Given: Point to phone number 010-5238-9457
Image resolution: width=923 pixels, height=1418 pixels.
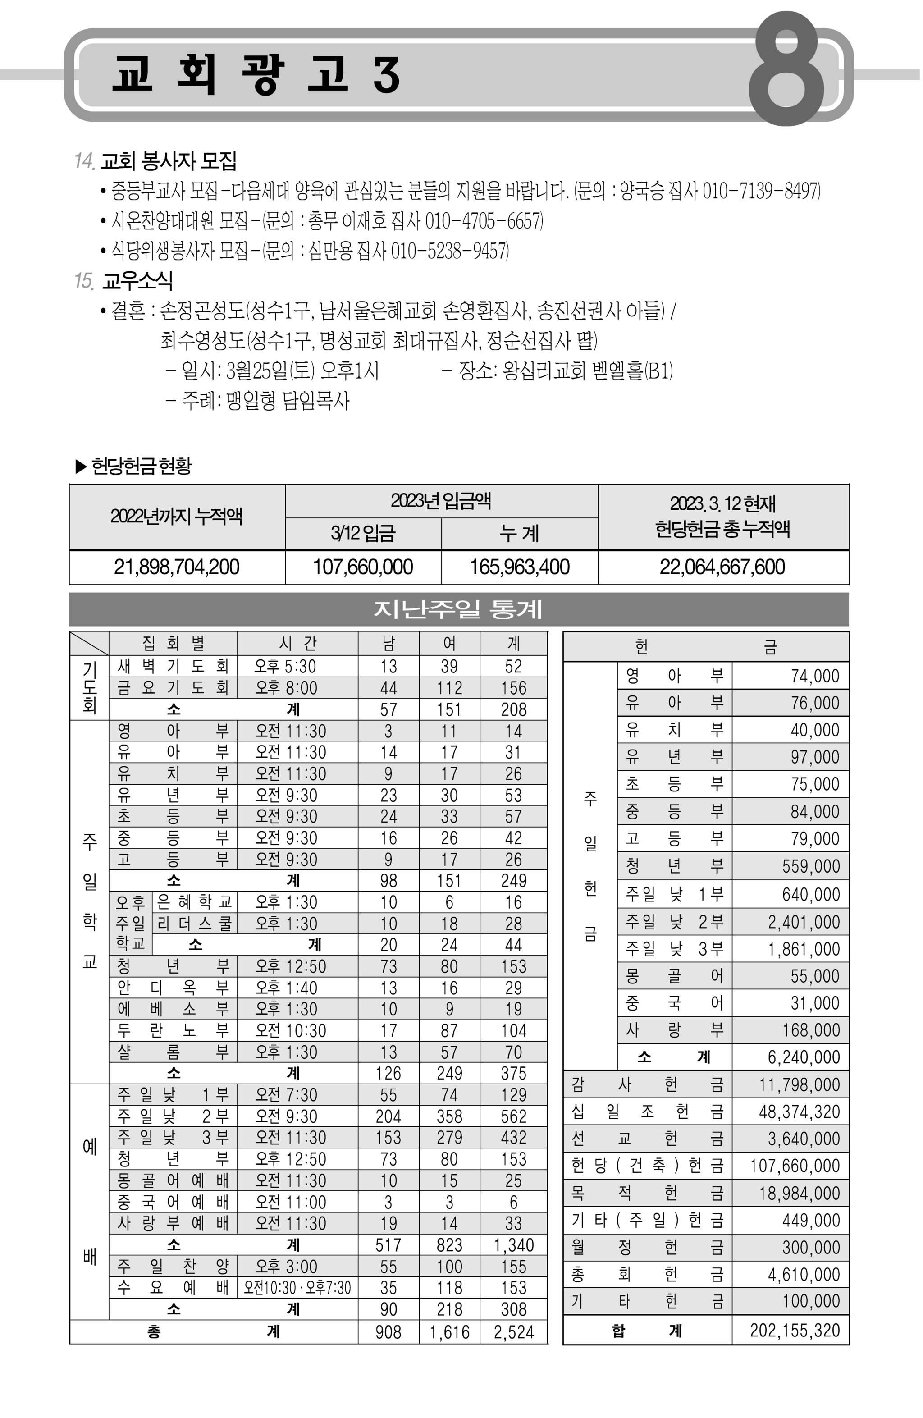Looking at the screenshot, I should [449, 251].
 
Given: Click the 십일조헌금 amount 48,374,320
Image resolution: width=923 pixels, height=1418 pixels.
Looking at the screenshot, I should [799, 1112].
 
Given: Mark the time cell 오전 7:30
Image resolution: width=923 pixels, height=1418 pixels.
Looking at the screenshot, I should [287, 1095].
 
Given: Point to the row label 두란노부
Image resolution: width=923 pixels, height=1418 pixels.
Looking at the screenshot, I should [173, 1031].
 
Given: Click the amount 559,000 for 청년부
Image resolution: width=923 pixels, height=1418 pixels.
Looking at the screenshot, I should [810, 866].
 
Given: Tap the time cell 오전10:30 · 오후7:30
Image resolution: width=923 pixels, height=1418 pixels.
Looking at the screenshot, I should [297, 1288].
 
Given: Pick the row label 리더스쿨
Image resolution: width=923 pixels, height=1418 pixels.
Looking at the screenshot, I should [194, 924].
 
